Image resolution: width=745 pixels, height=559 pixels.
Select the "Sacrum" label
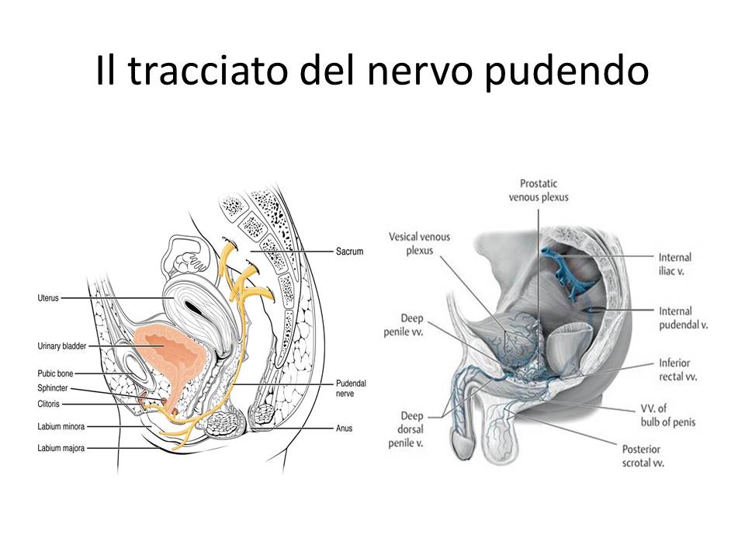pos(349,252)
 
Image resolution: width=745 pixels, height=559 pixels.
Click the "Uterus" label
pos(48,297)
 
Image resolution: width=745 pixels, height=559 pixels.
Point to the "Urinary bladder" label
pos(62,345)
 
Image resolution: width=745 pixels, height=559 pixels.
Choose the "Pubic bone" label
pos(54,373)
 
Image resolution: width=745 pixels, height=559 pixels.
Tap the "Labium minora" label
pos(60,426)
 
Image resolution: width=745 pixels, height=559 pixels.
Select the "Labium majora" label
pos(60,448)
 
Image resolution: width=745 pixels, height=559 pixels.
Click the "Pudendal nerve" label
pos(351,389)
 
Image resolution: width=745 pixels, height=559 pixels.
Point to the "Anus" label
pos(345,428)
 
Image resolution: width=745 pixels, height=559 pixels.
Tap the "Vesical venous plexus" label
pos(420,244)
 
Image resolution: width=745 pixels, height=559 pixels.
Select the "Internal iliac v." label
pos(674,265)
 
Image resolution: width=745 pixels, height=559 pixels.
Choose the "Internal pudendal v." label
pos(683,318)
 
